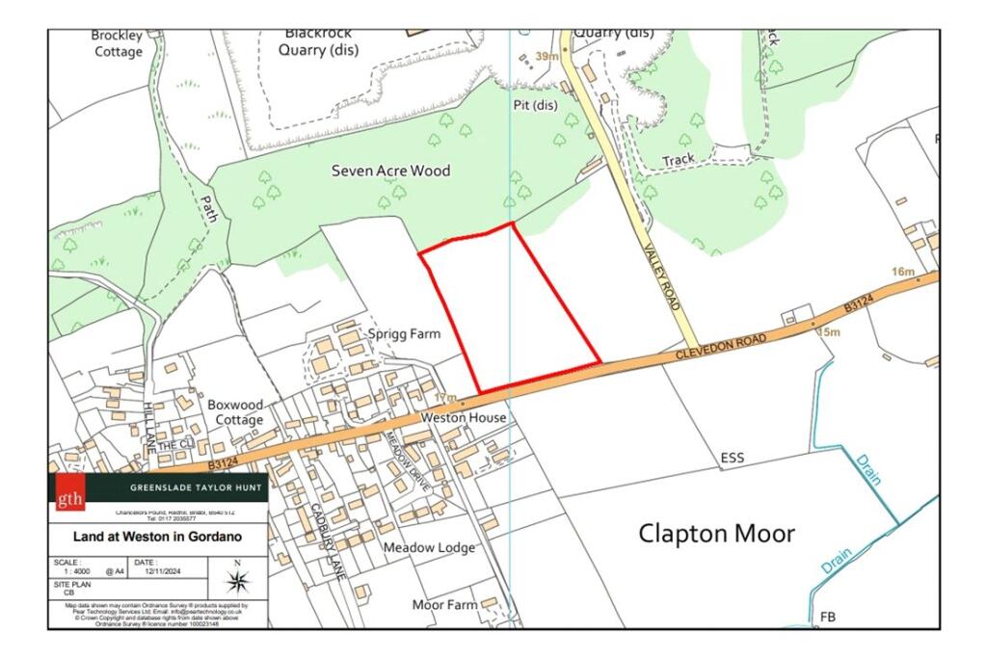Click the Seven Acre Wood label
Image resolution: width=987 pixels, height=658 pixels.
coord(390,171)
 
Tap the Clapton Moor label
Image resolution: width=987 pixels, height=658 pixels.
coord(717,533)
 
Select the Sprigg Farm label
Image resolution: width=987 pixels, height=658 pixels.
coord(404,334)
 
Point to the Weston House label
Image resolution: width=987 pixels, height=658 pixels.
coord(464,419)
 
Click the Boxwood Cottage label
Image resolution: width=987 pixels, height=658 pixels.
coord(235,412)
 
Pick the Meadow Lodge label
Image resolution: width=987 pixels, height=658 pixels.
coord(429,547)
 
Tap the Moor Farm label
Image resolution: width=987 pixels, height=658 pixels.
coord(444,605)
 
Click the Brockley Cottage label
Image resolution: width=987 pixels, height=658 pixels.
coord(118,43)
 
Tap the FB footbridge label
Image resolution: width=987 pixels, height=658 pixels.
coord(827,616)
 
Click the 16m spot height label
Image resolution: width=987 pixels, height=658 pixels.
coord(902,273)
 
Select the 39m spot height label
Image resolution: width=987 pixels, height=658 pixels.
coord(547,57)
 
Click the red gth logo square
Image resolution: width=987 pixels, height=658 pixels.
coord(69,492)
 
